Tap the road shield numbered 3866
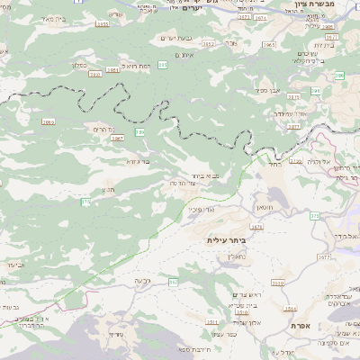[x=49, y=121]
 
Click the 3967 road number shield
[x=118, y=139]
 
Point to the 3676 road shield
[x=258, y=228]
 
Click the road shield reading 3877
[x=293, y=127]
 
